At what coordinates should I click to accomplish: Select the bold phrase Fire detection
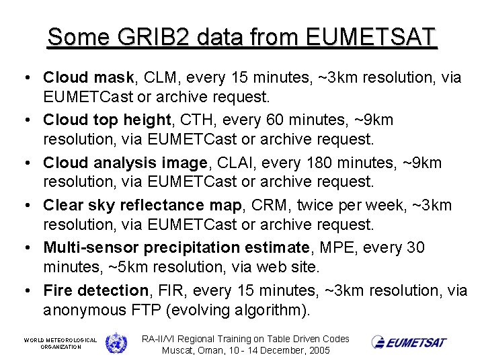coord(95,290)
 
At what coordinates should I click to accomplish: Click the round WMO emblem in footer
coord(116,343)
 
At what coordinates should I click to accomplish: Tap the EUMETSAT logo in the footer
coord(409,342)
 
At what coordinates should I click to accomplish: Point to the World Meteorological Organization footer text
coord(61,344)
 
